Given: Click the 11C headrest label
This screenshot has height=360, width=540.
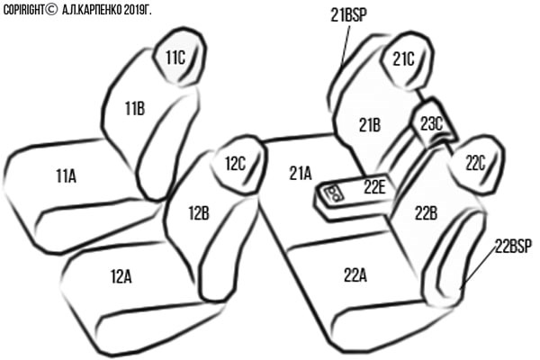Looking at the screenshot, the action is click(x=175, y=58).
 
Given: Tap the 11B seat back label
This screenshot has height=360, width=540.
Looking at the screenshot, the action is click(x=135, y=109).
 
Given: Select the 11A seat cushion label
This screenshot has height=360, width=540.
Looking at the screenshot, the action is click(x=66, y=176).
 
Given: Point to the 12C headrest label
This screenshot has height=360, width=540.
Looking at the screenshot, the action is click(x=235, y=164).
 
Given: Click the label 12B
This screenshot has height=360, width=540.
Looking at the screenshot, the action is click(x=199, y=213).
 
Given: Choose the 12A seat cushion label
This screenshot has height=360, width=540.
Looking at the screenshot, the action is click(x=121, y=276).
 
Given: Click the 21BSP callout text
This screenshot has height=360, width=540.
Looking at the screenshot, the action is click(x=348, y=15).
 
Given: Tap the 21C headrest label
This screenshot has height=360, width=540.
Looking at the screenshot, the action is click(x=403, y=59).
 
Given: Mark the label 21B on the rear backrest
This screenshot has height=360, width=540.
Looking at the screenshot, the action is click(x=370, y=125).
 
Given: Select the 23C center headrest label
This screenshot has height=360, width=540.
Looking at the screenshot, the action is click(x=431, y=124).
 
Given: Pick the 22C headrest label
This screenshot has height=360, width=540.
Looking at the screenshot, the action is click(x=475, y=163).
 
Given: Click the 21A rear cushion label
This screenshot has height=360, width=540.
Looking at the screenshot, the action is click(x=301, y=174).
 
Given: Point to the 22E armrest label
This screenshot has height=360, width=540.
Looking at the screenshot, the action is click(x=374, y=187).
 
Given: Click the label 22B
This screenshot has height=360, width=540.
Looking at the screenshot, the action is click(x=426, y=213).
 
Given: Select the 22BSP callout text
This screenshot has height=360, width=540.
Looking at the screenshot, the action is click(x=513, y=246).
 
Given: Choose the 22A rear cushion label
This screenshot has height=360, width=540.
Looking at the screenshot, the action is click(x=355, y=275).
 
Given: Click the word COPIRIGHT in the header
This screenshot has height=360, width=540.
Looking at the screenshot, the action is click(x=23, y=10).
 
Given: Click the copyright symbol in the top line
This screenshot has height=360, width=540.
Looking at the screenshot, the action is click(x=51, y=10).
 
